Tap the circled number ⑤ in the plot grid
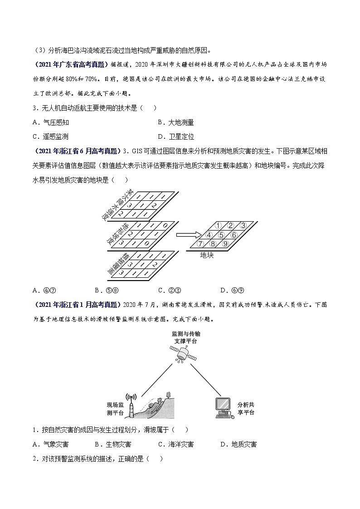point(221,235)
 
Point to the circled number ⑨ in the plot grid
point(224,244)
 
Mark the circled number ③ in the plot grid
point(243,225)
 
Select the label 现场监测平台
point(115,408)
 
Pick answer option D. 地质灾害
point(238,444)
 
